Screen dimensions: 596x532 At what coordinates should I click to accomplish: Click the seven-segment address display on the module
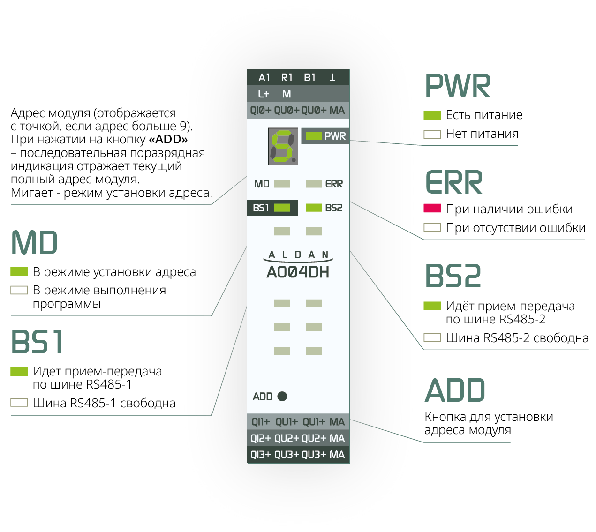tap(283, 146)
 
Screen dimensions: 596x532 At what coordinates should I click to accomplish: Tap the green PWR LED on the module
tap(314, 136)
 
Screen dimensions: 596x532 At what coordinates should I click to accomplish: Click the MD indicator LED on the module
tap(282, 184)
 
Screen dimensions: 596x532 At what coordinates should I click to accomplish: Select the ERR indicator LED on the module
tap(314, 184)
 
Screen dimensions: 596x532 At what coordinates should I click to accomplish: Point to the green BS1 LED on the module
tap(282, 208)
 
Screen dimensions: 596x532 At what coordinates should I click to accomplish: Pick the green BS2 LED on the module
tap(314, 208)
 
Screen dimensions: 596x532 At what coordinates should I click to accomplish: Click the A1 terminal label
tap(264, 77)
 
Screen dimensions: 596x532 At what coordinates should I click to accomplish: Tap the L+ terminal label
tap(264, 94)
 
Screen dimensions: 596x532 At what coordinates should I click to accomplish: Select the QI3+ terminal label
tap(260, 455)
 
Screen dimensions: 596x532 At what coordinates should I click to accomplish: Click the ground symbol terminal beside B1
tap(332, 77)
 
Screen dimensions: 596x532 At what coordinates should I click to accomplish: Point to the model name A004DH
tap(298, 272)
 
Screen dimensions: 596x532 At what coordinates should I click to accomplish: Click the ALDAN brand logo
tap(298, 255)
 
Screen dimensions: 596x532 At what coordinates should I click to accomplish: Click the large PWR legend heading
tap(458, 86)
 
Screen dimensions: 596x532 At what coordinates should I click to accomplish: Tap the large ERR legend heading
tap(454, 182)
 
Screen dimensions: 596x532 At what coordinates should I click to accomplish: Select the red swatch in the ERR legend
tap(432, 208)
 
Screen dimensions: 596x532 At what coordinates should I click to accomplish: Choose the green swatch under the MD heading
tap(19, 271)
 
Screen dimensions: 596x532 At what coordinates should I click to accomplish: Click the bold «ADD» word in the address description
tap(168, 139)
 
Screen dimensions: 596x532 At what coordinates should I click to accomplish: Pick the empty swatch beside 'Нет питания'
tap(432, 134)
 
